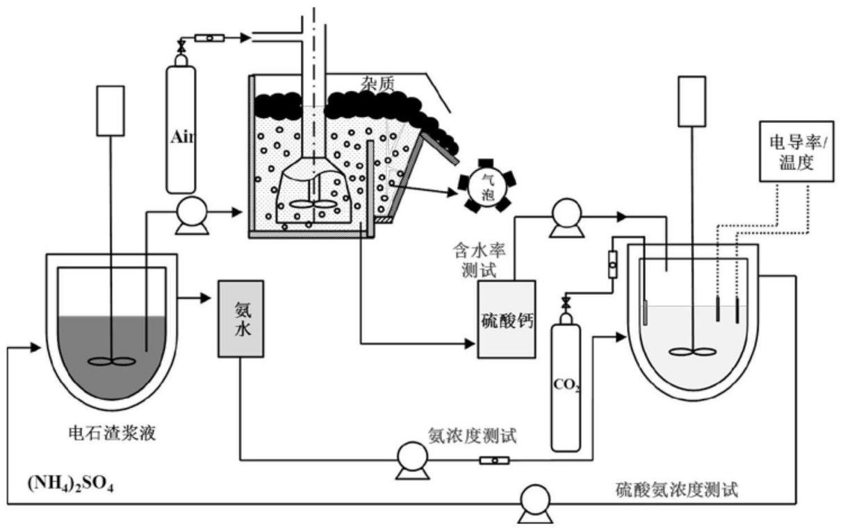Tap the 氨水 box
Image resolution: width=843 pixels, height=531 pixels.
pyautogui.click(x=240, y=319)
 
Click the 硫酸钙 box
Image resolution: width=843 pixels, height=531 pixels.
pyautogui.click(x=507, y=319)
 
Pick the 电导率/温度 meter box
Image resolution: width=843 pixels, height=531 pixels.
pyautogui.click(x=796, y=153)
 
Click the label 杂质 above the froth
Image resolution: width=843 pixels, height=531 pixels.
pyautogui.click(x=378, y=84)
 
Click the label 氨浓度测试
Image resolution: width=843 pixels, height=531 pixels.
pyautogui.click(x=473, y=435)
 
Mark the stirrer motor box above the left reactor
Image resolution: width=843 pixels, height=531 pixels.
pyautogui.click(x=111, y=110)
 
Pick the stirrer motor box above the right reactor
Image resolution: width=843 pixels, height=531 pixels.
pyautogui.click(x=691, y=101)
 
